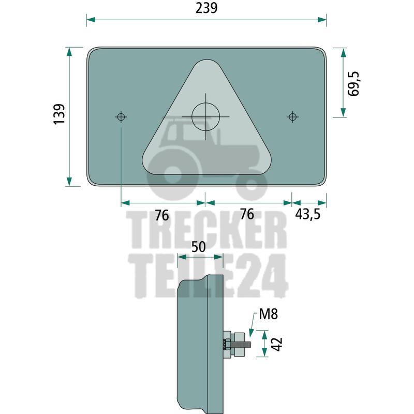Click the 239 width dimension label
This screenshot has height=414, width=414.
pos(206,8)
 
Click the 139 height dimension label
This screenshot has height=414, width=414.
pos(60,114)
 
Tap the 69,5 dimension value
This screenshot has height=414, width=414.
pos(353,83)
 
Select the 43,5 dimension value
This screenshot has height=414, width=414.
pos(307,214)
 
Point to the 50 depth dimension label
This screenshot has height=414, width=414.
pos(198,247)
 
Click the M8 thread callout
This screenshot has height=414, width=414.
pos(268,314)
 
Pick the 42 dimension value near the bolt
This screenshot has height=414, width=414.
pos(277,344)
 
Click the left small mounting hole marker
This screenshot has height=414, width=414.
pos(121,117)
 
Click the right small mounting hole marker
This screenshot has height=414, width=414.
pos(292,116)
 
